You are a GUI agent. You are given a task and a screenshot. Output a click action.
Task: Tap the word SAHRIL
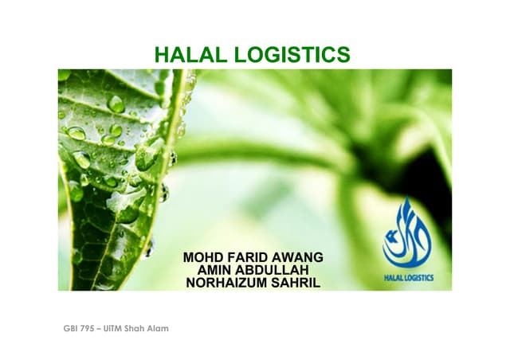tap(296, 283)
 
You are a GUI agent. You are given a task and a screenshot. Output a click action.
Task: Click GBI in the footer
tap(71, 328)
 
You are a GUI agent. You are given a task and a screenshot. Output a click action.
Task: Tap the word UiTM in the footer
tap(116, 328)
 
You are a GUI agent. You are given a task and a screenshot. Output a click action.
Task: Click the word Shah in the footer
tap(140, 328)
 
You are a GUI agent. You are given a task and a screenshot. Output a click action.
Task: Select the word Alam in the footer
tap(160, 328)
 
